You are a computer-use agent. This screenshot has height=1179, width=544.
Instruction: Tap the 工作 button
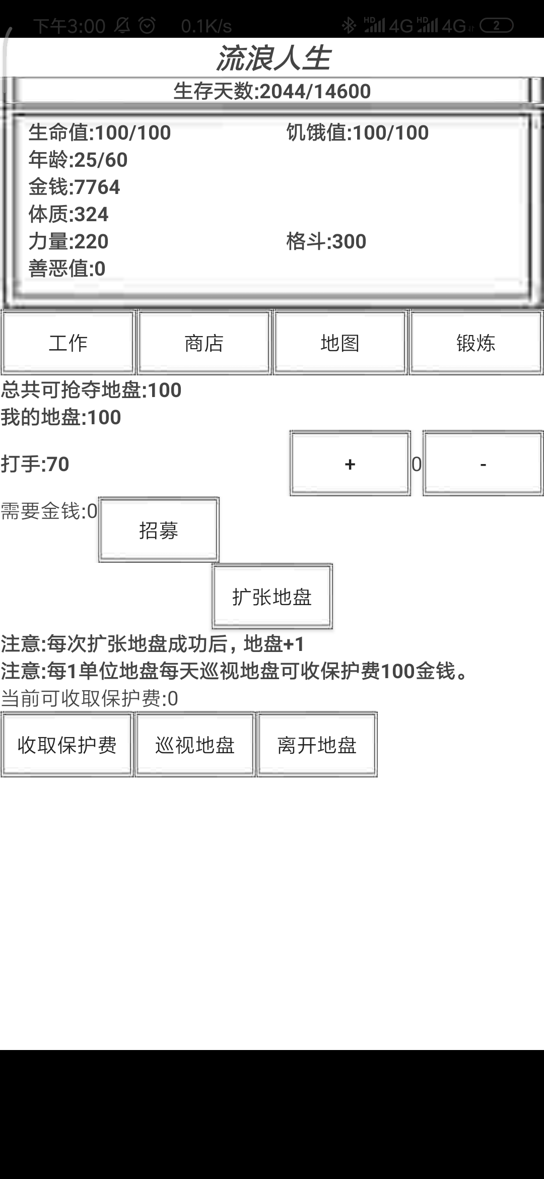[x=68, y=343]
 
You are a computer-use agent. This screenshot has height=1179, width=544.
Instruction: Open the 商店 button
[x=204, y=343]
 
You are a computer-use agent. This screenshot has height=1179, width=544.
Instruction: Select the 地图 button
[x=340, y=343]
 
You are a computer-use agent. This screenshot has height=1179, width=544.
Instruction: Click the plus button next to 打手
[x=350, y=463]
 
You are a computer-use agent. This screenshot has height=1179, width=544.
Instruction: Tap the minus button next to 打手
[x=483, y=463]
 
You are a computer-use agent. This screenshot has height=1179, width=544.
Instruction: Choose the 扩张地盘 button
[x=272, y=597]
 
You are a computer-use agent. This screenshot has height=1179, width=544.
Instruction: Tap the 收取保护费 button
[x=67, y=744]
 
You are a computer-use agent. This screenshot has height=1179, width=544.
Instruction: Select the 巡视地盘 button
[x=195, y=744]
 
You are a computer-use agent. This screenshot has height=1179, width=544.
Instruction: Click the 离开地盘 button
[x=317, y=744]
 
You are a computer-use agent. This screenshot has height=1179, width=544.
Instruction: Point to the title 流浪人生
[x=273, y=58]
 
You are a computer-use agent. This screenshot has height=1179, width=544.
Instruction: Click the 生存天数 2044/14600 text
[x=272, y=91]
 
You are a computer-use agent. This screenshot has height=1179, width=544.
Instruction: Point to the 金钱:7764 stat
[x=75, y=187]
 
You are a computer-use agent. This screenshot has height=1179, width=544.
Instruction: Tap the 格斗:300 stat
[x=326, y=241]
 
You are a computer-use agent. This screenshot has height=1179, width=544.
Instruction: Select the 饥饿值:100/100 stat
[x=358, y=133]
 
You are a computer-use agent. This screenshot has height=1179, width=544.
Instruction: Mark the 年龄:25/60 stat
[x=78, y=160]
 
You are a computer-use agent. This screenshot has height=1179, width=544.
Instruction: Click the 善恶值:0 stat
[x=67, y=269]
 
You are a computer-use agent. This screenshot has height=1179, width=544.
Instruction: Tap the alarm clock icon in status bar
[x=147, y=25]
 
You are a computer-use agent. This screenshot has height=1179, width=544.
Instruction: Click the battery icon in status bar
[x=497, y=25]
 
